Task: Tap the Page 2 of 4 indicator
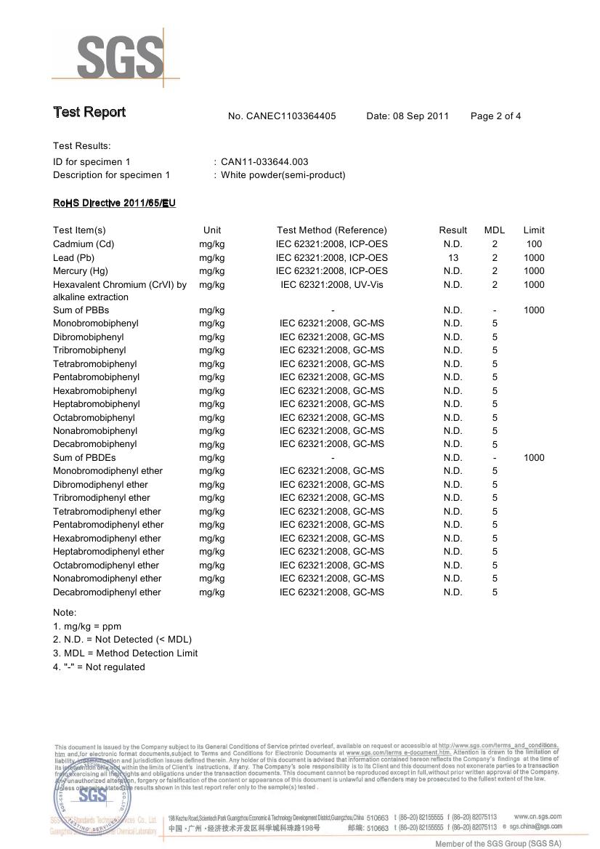point(495,116)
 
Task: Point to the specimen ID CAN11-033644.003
point(264,161)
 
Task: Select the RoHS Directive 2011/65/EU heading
point(114,203)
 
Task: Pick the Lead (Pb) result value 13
point(453,257)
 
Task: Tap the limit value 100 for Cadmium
point(534,244)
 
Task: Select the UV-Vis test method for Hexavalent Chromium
point(332,284)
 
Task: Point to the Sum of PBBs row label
point(81,310)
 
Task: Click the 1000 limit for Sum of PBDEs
point(534,457)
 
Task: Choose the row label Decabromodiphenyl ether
point(107,592)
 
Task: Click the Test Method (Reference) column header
point(332,230)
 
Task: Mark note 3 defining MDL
point(125,653)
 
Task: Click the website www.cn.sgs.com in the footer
point(537,816)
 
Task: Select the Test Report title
point(89,112)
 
